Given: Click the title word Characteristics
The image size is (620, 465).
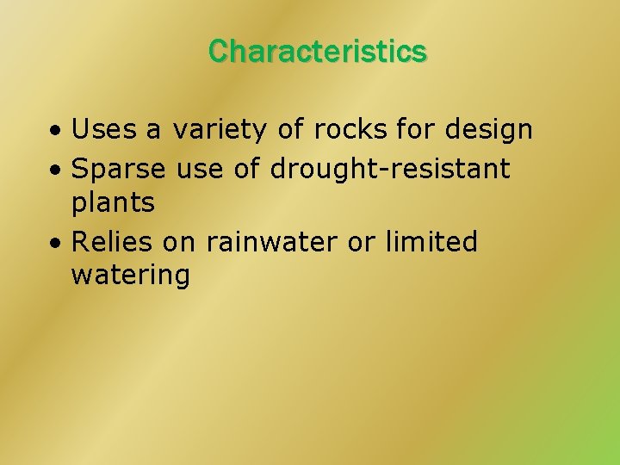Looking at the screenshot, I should [317, 52].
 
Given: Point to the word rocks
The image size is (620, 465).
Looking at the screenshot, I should [349, 130].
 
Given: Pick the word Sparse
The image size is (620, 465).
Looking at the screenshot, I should [119, 169].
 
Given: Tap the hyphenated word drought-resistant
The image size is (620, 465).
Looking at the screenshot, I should [390, 169].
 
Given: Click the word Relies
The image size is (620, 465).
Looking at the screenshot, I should [113, 242].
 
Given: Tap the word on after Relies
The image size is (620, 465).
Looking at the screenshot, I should [179, 243].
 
